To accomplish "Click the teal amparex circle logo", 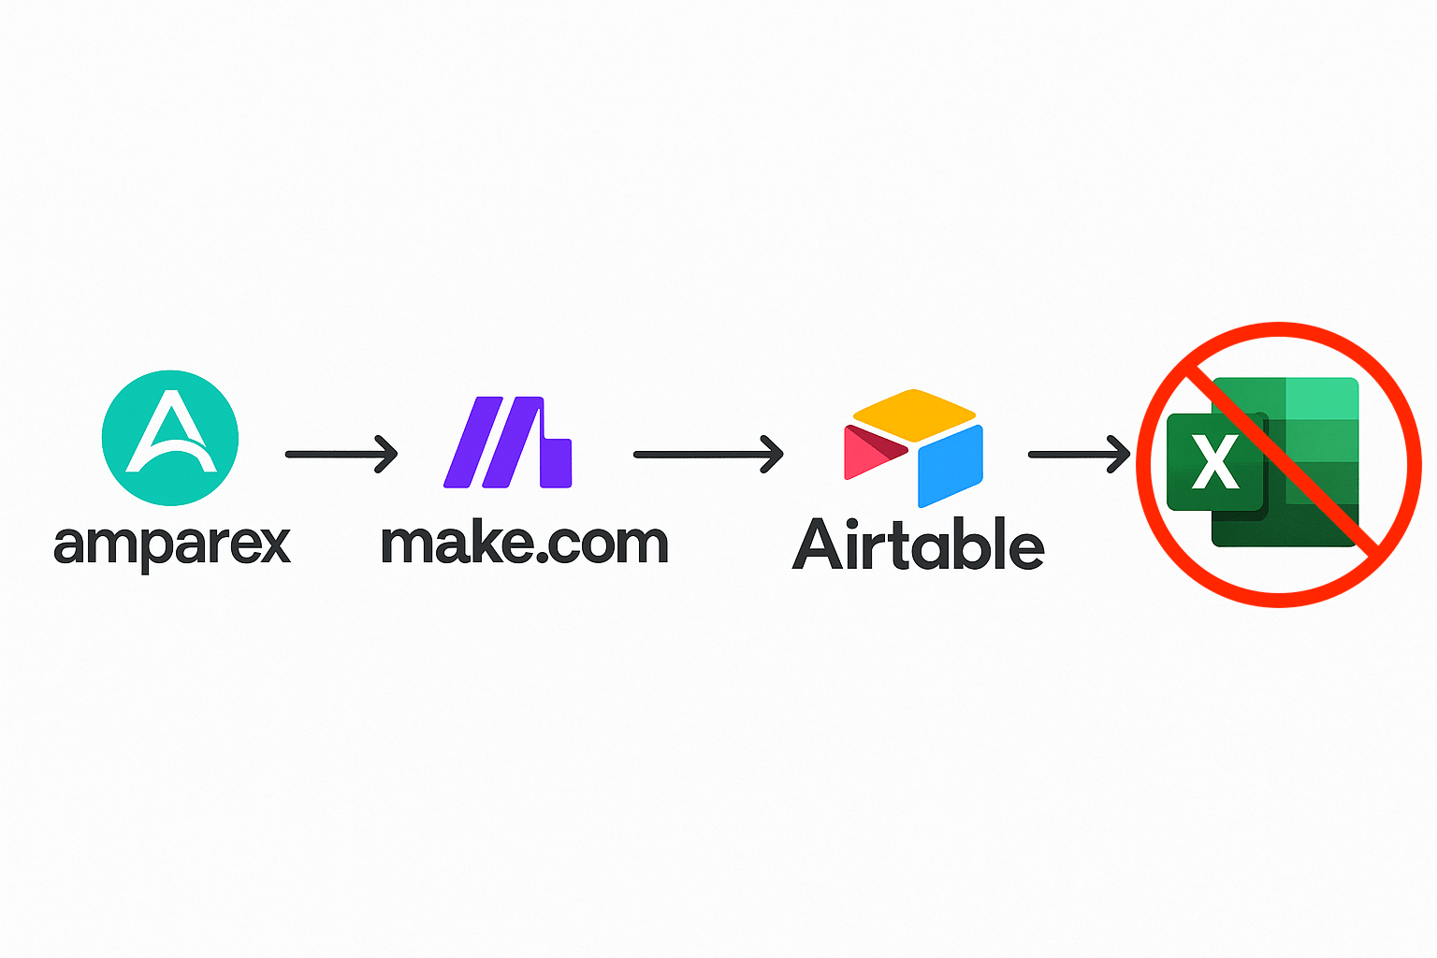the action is pyautogui.click(x=170, y=438).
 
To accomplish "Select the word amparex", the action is pyautogui.click(x=172, y=547).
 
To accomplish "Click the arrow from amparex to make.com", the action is pyautogui.click(x=341, y=455).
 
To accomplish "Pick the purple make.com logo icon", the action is pyautogui.click(x=507, y=443).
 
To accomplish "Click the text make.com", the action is pyautogui.click(x=525, y=544).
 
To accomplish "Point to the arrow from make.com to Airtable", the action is pyautogui.click(x=708, y=455).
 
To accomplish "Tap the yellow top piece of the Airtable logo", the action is pyautogui.click(x=914, y=415).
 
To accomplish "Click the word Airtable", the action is pyautogui.click(x=919, y=544).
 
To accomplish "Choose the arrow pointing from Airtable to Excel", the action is pyautogui.click(x=1079, y=455).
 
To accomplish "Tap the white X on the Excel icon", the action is pyautogui.click(x=1215, y=462).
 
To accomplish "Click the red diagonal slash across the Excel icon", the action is pyautogui.click(x=1281, y=465).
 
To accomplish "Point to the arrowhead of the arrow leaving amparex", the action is pyautogui.click(x=386, y=455).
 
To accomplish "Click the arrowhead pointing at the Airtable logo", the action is pyautogui.click(x=772, y=455).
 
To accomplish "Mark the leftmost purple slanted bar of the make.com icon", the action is pyautogui.click(x=472, y=443).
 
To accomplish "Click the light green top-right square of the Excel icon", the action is pyautogui.click(x=1322, y=399).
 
